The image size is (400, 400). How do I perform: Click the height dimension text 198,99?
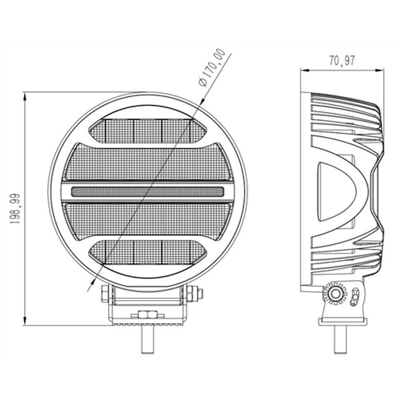point(15,209)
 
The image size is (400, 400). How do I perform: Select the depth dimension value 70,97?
point(342,61)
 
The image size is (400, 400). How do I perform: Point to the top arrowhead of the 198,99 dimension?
point(25,97)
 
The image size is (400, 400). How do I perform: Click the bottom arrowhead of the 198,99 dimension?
point(25,320)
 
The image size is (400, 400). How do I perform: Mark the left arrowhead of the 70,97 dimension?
point(305,70)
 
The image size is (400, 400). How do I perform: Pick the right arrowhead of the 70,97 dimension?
point(379,70)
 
